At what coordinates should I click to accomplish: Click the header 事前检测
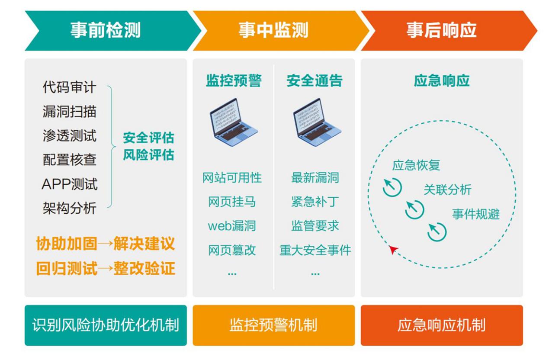click(x=105, y=31)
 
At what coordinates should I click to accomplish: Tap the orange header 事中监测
click(x=273, y=31)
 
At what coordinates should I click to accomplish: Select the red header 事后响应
click(x=441, y=31)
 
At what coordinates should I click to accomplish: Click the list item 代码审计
click(x=69, y=88)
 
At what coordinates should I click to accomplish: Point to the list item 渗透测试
click(x=69, y=136)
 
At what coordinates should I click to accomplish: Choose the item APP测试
click(x=69, y=184)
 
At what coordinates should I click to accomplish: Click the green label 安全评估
click(x=148, y=138)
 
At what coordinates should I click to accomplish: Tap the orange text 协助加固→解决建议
click(x=106, y=244)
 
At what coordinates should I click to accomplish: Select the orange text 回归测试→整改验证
click(x=106, y=269)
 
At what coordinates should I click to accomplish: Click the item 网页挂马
click(x=232, y=202)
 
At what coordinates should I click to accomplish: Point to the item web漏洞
click(x=232, y=226)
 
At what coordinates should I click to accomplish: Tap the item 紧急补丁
click(x=315, y=202)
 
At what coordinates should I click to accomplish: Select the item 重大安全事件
click(x=315, y=250)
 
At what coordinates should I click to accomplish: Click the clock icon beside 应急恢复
click(x=392, y=187)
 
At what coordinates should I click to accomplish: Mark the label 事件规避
click(x=476, y=214)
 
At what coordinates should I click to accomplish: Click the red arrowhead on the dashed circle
click(x=393, y=249)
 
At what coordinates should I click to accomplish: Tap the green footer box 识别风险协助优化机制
click(x=106, y=325)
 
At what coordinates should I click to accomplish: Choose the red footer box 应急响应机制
click(x=441, y=325)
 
